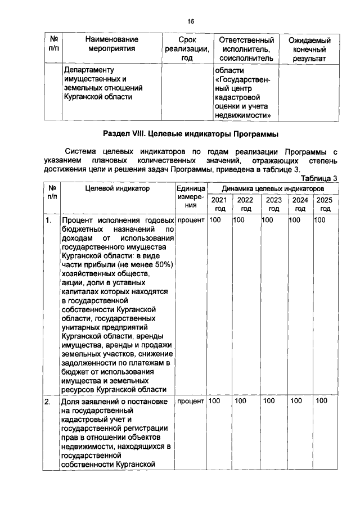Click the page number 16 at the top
(x=191, y=21)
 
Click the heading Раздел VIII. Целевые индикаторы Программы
(x=191, y=134)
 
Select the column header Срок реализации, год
(x=187, y=49)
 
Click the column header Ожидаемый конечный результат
(x=309, y=49)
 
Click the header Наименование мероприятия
(x=111, y=44)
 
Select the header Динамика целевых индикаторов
(x=272, y=188)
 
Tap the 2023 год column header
(x=274, y=204)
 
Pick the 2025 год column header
(x=325, y=204)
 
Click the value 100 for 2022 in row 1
(x=240, y=220)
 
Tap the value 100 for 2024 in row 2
(x=296, y=401)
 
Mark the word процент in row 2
(x=190, y=401)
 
